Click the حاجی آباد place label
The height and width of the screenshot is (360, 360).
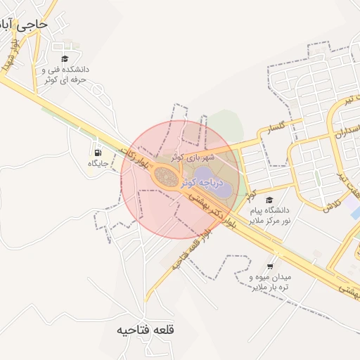(25, 23)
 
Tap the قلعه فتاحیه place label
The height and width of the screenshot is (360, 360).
(146, 330)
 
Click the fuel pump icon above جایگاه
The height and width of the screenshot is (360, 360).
(96, 152)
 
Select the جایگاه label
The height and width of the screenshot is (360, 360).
(96, 163)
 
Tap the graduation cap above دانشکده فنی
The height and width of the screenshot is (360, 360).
(65, 59)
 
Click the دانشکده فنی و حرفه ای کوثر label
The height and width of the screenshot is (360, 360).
(65, 75)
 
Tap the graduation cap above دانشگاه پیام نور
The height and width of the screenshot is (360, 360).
(270, 200)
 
